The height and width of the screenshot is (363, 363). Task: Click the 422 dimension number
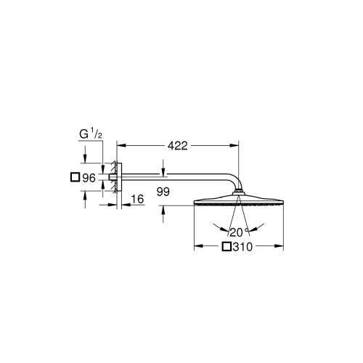coord(178,145)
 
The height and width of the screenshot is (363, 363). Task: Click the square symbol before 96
coord(73,176)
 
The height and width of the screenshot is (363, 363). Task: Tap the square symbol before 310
coord(227,248)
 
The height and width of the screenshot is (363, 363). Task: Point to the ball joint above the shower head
coord(237,193)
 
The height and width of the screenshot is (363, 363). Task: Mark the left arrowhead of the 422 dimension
coord(123,145)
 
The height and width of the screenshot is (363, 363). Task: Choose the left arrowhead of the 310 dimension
coord(197,248)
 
